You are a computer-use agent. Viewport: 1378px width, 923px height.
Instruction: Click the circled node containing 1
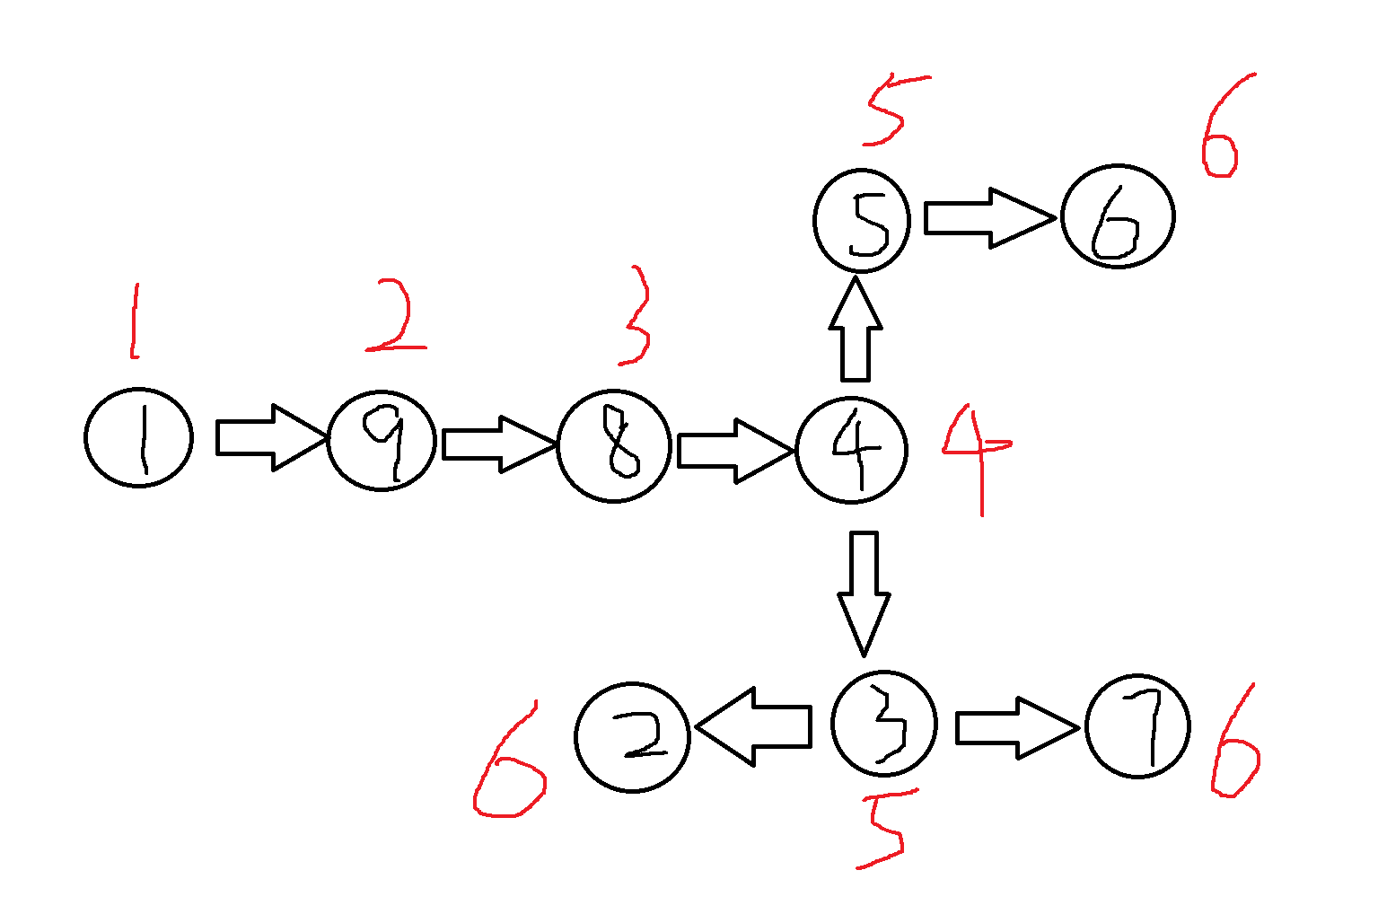coord(139,437)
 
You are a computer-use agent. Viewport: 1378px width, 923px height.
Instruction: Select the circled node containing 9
coord(382,440)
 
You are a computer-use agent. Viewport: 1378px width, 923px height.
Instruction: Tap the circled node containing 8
coord(614,445)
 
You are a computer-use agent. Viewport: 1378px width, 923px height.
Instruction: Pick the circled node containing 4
coord(852,450)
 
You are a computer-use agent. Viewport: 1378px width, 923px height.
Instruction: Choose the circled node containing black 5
coord(862,220)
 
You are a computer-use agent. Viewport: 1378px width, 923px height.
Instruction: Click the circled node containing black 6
coord(1118,216)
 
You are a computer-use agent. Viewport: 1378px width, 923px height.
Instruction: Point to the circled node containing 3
coord(884,723)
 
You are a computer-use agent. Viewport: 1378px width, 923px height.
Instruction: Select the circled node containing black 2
coord(632,737)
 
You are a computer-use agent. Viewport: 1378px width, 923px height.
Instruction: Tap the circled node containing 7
coord(1137,725)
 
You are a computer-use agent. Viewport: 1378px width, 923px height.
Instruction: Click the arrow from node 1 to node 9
coord(269,437)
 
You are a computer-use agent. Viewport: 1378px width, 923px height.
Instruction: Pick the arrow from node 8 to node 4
coord(733,450)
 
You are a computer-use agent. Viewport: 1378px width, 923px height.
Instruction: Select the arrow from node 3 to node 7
coord(1014,727)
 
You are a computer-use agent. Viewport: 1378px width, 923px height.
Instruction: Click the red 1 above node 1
coord(135,321)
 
